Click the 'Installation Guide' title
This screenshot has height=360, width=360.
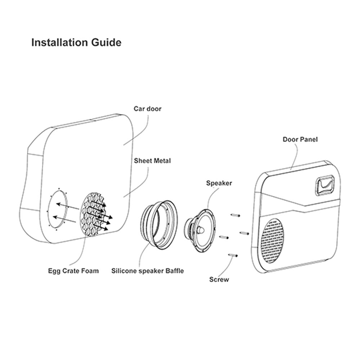(x=76, y=42)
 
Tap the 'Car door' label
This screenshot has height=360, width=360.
(x=148, y=109)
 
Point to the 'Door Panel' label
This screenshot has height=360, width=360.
(x=300, y=139)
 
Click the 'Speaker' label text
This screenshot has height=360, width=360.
(x=219, y=183)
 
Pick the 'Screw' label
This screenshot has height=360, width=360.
(x=219, y=279)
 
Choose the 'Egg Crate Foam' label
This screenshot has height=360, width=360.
(x=73, y=271)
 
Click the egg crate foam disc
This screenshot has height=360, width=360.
(x=94, y=215)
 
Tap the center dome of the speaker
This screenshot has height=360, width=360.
(x=201, y=229)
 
